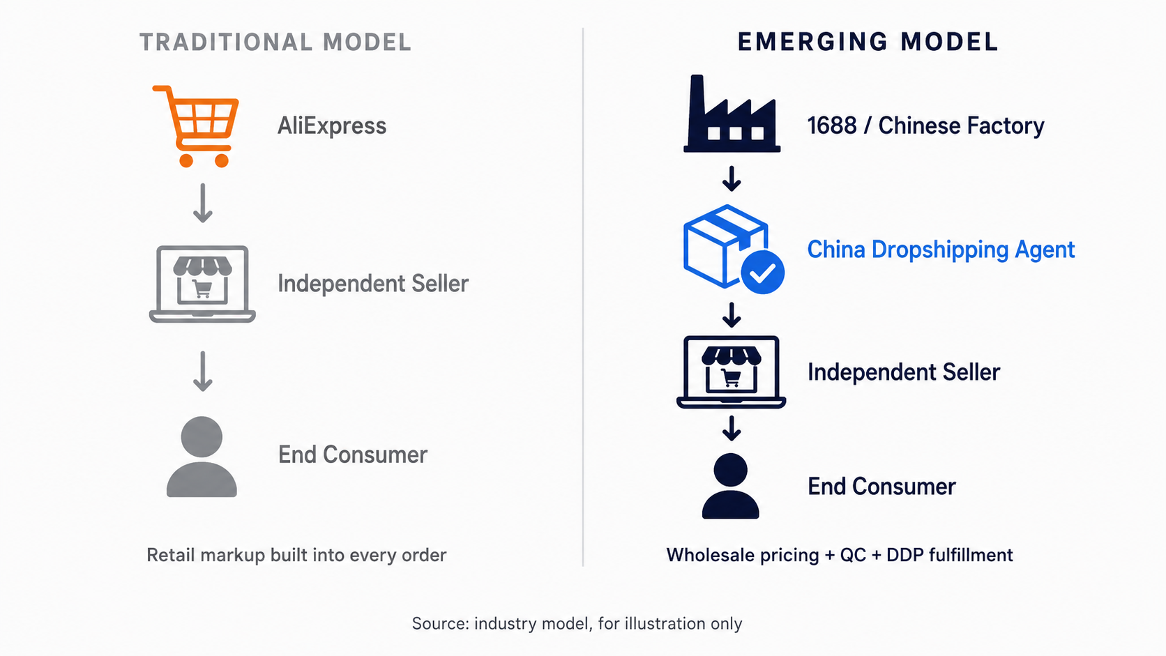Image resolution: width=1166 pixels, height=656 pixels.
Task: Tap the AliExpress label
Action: pos(331,126)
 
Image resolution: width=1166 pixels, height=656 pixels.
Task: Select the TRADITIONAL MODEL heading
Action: pos(275,42)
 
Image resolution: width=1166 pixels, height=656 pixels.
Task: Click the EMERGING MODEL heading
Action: pos(868,42)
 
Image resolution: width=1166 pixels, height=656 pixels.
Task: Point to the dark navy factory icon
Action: pos(732,114)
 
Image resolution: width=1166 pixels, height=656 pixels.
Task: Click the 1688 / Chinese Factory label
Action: pos(925,126)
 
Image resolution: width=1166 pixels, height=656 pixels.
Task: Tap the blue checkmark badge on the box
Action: pos(763,272)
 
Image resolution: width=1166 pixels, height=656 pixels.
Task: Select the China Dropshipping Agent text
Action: pos(941,250)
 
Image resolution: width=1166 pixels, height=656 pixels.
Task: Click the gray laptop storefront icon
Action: pos(202,284)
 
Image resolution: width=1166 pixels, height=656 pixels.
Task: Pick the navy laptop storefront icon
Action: pos(731,372)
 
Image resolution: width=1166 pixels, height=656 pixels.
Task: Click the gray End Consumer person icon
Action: pos(202,456)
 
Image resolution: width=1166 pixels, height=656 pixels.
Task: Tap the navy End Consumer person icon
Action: pos(730,485)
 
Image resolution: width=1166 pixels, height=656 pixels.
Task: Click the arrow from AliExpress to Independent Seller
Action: pos(202,203)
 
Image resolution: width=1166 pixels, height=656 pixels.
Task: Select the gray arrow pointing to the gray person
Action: pos(202,372)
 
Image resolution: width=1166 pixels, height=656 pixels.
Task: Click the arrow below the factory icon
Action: pos(732,179)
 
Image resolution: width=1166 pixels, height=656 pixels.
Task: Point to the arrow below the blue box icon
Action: pos(732,315)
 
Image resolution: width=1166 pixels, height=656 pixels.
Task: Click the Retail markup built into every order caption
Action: pos(296,555)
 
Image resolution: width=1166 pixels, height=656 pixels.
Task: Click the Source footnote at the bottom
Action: pos(577,623)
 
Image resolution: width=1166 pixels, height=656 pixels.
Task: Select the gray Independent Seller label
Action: pos(372,284)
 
